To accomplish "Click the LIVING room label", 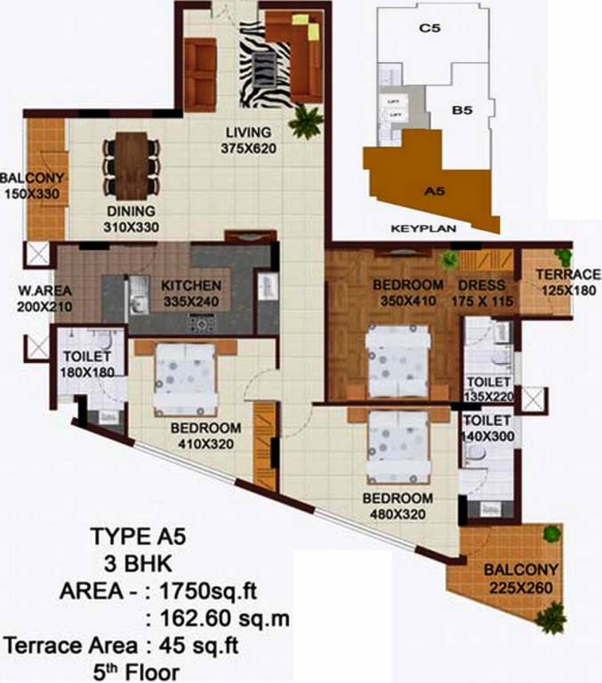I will (x=244, y=133).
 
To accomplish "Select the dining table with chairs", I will (x=132, y=158).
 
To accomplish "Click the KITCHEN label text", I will (x=190, y=285).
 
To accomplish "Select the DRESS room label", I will (x=482, y=285).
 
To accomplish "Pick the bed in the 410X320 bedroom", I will (x=185, y=380).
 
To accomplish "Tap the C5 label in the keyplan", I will (x=430, y=28).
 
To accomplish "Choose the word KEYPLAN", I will (x=423, y=229).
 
